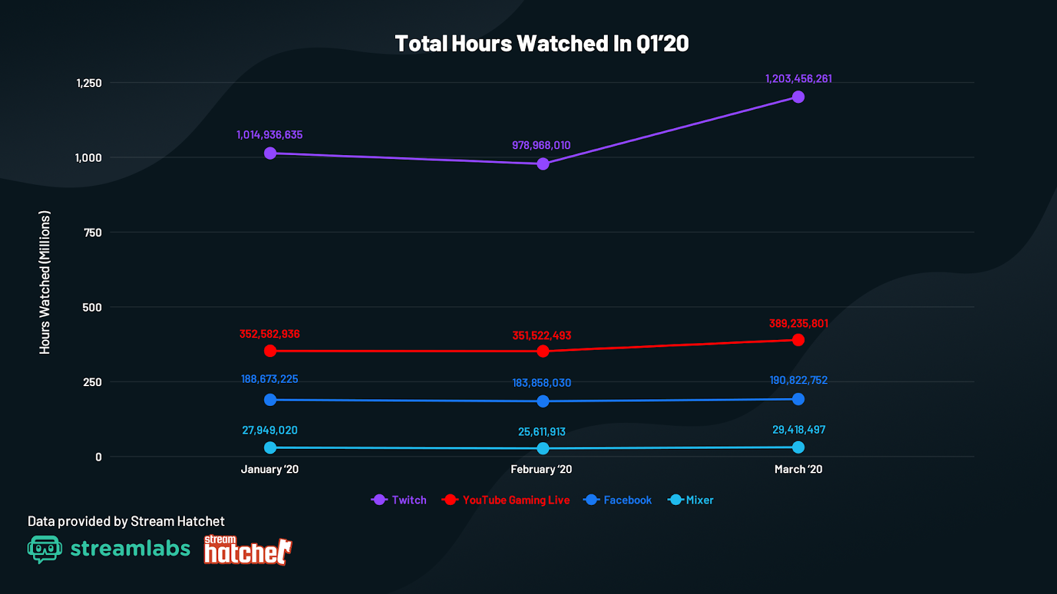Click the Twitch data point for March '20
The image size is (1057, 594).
[798, 97]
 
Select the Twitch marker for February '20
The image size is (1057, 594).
[543, 164]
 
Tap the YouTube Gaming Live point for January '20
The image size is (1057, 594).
[270, 351]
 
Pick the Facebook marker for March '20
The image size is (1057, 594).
[798, 399]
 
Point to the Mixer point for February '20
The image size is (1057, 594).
[543, 449]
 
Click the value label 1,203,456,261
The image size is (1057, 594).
[798, 79]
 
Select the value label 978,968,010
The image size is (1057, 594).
[541, 145]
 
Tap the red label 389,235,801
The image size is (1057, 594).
[798, 323]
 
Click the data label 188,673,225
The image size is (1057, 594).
[270, 379]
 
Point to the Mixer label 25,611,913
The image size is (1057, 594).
[542, 432]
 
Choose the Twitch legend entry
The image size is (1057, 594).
[400, 500]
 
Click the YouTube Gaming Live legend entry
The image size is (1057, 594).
[506, 500]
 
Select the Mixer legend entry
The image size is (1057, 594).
[692, 500]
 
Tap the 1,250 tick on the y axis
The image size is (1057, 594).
[89, 83]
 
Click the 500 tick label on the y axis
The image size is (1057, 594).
[92, 308]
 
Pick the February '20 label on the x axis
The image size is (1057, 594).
[541, 469]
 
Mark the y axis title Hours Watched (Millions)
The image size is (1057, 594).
[45, 282]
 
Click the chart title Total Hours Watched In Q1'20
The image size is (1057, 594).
[542, 44]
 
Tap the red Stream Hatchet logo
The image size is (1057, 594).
[248, 550]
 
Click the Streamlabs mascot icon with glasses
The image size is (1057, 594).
[45, 549]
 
